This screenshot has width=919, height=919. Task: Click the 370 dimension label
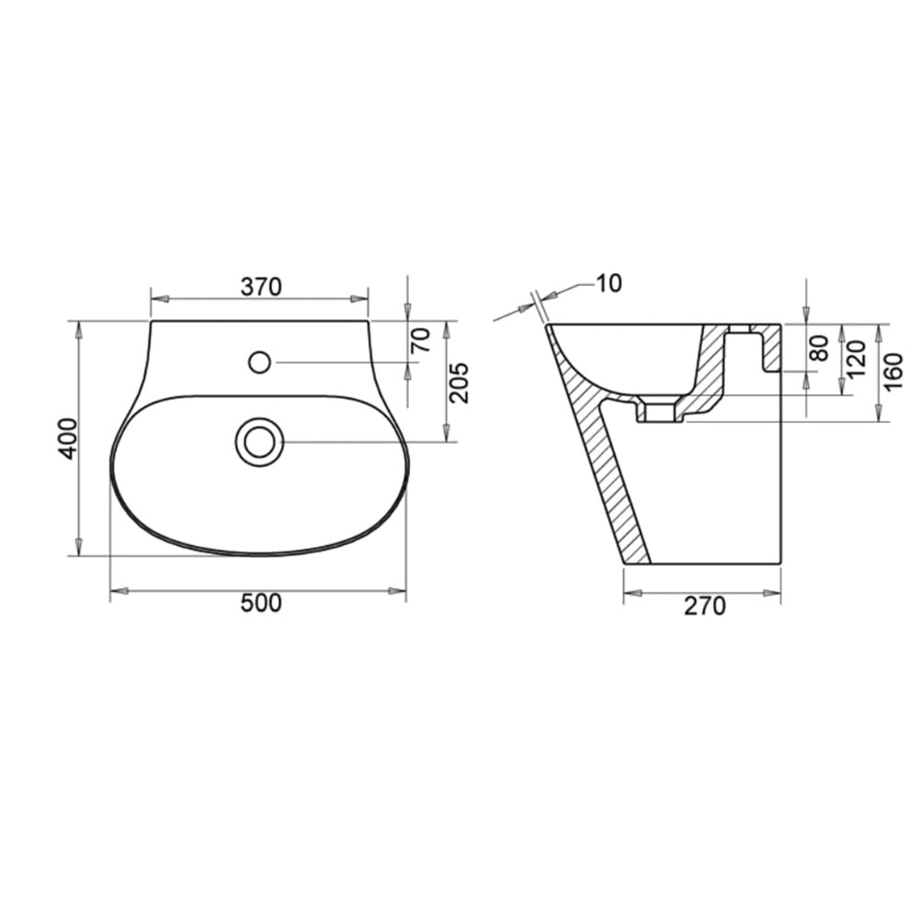tap(260, 287)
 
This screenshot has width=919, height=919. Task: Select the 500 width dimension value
tap(260, 604)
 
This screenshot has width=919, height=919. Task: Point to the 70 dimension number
tap(420, 341)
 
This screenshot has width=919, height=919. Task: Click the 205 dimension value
tap(459, 382)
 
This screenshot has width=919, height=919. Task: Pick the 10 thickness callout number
tap(608, 283)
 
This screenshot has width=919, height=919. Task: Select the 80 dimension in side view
tap(820, 347)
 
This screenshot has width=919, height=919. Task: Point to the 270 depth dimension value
tap(703, 607)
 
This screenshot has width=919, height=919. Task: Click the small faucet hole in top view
tap(259, 362)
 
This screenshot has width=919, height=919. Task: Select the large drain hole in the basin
tap(259, 441)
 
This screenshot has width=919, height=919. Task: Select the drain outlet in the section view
tap(659, 411)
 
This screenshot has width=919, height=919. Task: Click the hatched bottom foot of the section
tap(636, 551)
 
